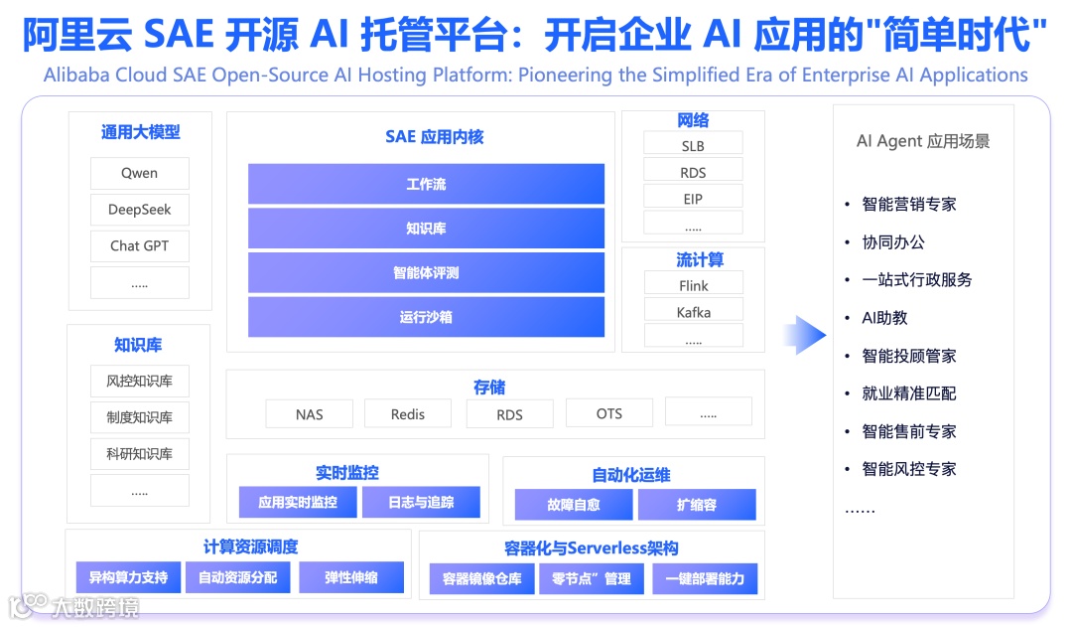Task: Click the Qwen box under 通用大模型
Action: pyautogui.click(x=139, y=173)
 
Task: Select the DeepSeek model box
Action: pyautogui.click(x=139, y=210)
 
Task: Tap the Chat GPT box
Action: pyautogui.click(x=139, y=245)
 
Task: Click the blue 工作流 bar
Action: pyautogui.click(x=426, y=184)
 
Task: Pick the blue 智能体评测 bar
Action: pyautogui.click(x=426, y=272)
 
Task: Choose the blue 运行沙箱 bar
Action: pyautogui.click(x=426, y=317)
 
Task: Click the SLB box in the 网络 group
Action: pyautogui.click(x=693, y=145)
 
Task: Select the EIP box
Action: pyautogui.click(x=693, y=199)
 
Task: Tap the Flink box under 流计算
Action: pyautogui.click(x=693, y=285)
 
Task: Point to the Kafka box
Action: pyautogui.click(x=693, y=312)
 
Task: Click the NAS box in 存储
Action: pyautogui.click(x=309, y=413)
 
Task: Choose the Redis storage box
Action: pyautogui.click(x=407, y=413)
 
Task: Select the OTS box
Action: pyautogui.click(x=608, y=413)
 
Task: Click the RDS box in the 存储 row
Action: pyautogui.click(x=509, y=414)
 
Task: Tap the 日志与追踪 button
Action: pyautogui.click(x=421, y=503)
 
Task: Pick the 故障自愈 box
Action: pyautogui.click(x=574, y=505)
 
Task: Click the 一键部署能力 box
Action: pyautogui.click(x=705, y=578)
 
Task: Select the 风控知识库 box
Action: pyautogui.click(x=139, y=381)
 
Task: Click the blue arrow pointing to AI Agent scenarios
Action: pyautogui.click(x=804, y=335)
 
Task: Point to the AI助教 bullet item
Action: pyautogui.click(x=884, y=318)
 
